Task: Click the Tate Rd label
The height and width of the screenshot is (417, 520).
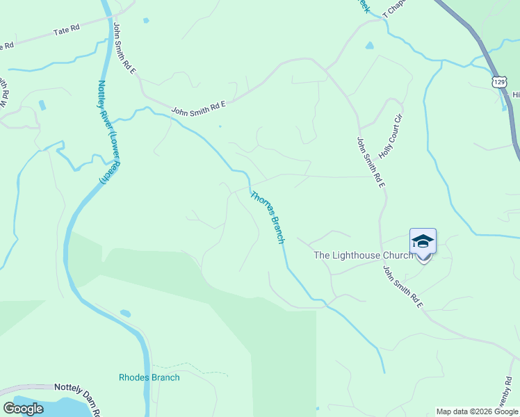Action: click(x=67, y=31)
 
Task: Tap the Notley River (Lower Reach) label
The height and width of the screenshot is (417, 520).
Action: click(x=103, y=132)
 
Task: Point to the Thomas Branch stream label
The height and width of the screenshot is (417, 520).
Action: click(x=268, y=217)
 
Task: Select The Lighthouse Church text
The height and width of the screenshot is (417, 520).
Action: click(x=364, y=255)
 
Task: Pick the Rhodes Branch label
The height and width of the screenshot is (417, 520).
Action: click(x=149, y=377)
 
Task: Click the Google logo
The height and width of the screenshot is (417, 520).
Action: click(x=24, y=409)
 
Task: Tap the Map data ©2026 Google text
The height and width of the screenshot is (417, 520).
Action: click(x=477, y=411)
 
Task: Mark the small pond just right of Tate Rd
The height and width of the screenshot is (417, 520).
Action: click(x=146, y=21)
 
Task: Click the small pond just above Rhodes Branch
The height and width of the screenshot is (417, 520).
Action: click(x=125, y=313)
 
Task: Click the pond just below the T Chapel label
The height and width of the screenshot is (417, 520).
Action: click(x=369, y=46)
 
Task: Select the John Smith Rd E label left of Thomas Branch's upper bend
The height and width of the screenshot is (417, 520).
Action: click(x=199, y=108)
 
